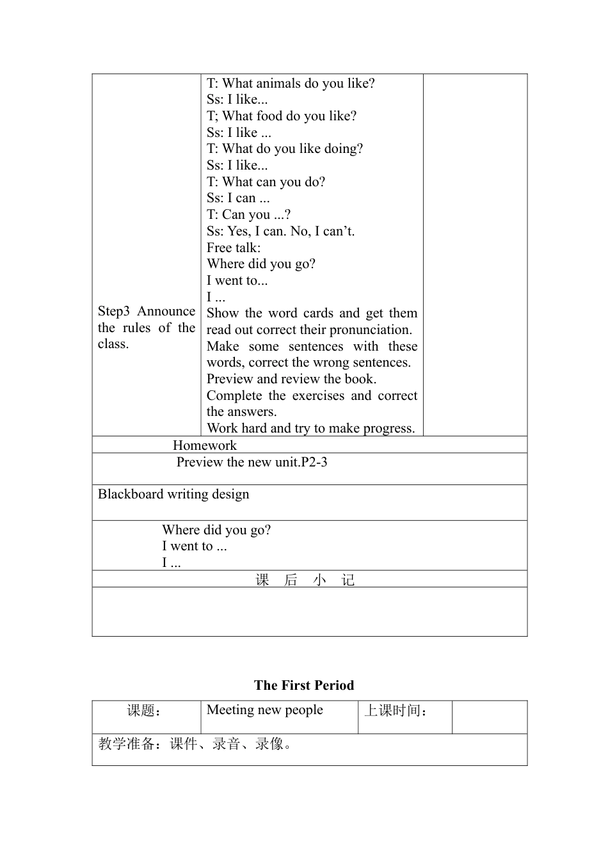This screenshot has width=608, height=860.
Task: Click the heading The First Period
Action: (x=303, y=685)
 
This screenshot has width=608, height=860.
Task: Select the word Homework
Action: (x=204, y=445)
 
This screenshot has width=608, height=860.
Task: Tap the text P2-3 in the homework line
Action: (x=314, y=462)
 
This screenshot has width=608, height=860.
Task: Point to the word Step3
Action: (x=113, y=312)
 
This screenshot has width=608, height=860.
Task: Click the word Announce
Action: (x=166, y=312)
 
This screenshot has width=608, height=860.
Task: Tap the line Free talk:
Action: (x=234, y=248)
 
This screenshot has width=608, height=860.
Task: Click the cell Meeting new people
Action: (x=264, y=710)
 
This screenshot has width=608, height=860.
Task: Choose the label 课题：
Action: (x=144, y=710)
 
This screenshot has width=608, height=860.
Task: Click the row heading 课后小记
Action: (x=305, y=580)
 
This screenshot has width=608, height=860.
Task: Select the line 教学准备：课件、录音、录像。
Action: (x=195, y=744)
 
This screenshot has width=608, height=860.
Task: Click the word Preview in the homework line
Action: (x=200, y=462)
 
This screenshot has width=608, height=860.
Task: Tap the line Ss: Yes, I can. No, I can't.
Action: (x=280, y=231)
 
